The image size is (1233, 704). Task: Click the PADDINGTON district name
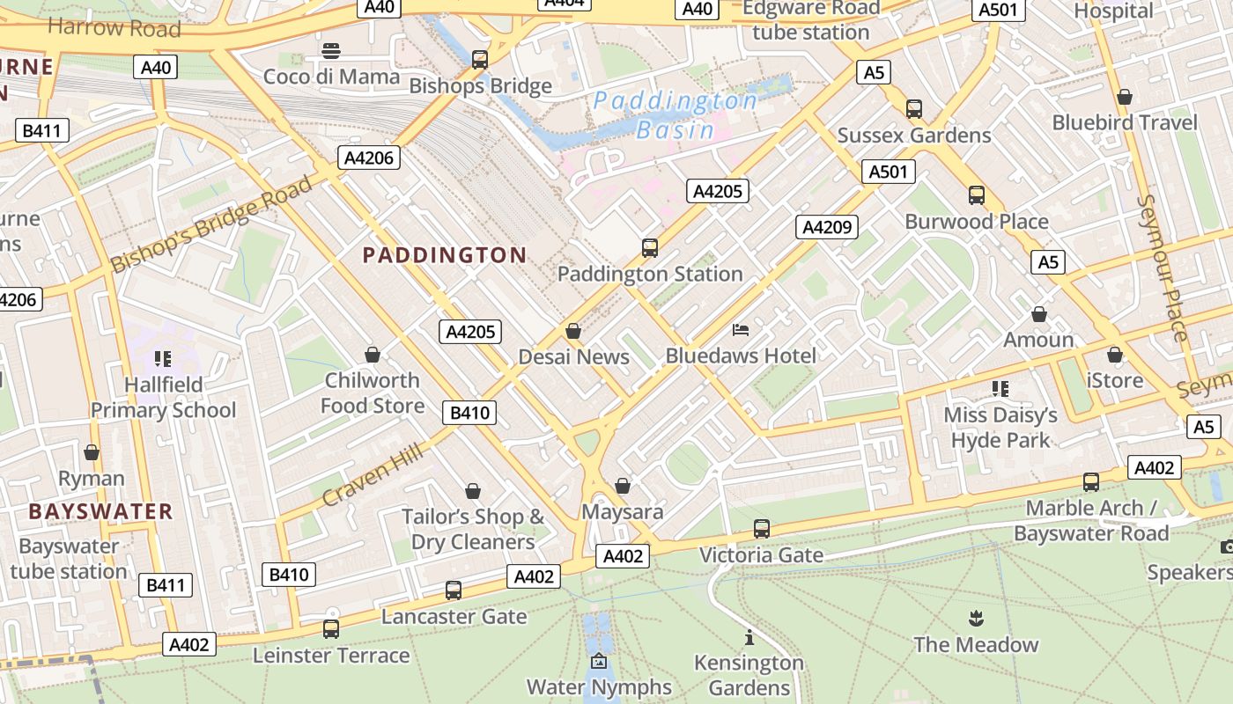click(445, 255)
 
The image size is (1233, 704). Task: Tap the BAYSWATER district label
click(100, 511)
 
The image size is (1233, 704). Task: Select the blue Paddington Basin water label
click(676, 115)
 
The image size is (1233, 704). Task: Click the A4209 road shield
click(827, 227)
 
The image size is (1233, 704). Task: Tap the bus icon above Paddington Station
click(650, 248)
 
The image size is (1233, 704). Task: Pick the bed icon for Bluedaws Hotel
click(741, 330)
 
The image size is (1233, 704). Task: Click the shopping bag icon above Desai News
click(573, 331)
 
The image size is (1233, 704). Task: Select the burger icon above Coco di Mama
click(331, 51)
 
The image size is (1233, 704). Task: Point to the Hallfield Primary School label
click(163, 397)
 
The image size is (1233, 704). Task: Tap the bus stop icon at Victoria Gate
click(761, 529)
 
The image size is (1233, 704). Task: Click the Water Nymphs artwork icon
click(599, 661)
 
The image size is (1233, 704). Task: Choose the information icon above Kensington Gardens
click(749, 637)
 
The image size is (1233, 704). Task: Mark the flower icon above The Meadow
click(976, 618)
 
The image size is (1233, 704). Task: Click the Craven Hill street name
click(373, 474)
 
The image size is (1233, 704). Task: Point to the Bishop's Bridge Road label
click(211, 224)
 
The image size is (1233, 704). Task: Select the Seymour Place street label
click(1163, 268)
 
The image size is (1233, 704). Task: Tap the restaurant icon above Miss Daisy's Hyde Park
click(1000, 388)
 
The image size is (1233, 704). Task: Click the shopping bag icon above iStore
click(1115, 355)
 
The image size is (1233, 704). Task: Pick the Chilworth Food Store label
click(373, 392)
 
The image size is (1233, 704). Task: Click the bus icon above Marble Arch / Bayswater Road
click(1091, 482)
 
